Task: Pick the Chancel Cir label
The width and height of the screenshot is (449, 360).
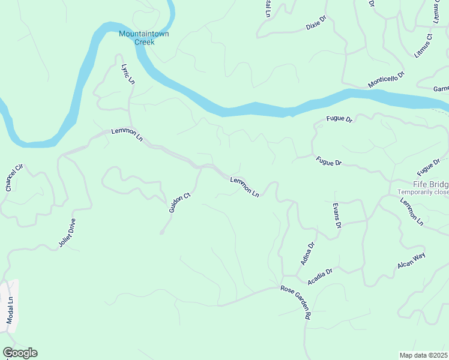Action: [x=13, y=178]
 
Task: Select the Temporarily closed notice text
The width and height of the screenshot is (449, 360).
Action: [x=423, y=192]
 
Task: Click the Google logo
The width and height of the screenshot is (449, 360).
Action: [x=20, y=353]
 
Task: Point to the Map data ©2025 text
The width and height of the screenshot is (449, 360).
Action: [x=424, y=355]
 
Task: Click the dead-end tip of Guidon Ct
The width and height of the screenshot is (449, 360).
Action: [x=161, y=233]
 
